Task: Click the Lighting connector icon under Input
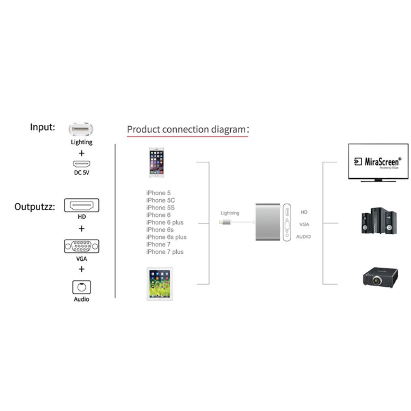(81, 130)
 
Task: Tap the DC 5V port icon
(81, 164)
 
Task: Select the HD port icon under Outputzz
(82, 205)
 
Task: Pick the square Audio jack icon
(81, 287)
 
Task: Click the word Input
(42, 127)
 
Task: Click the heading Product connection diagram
(186, 130)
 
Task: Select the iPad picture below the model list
(160, 283)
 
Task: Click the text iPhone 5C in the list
(160, 200)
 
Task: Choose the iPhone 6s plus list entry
(166, 237)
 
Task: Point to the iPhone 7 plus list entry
(164, 252)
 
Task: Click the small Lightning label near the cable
(230, 213)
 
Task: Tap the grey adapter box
(268, 223)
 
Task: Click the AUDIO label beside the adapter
(303, 237)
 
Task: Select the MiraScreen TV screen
(378, 162)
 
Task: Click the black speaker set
(378, 221)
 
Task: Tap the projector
(380, 277)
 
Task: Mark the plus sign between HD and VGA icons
(82, 229)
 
